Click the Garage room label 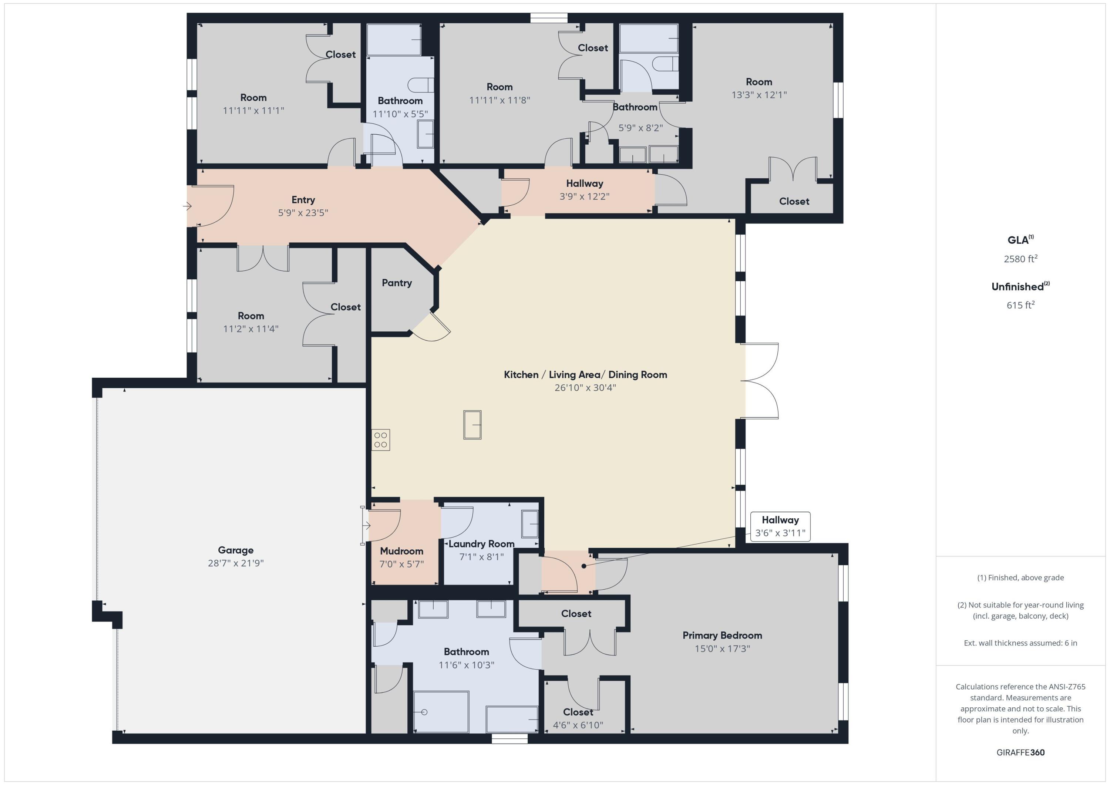click(x=235, y=550)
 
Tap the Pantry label click(x=396, y=283)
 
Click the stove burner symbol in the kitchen click(x=380, y=440)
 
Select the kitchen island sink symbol click(x=472, y=424)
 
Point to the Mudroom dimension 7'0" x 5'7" click(x=401, y=564)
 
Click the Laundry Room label click(x=481, y=544)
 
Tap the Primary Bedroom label click(x=722, y=635)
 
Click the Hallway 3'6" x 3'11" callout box click(x=780, y=526)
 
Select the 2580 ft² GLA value click(x=1020, y=259)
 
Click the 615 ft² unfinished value click(x=1020, y=305)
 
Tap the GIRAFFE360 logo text click(x=1020, y=752)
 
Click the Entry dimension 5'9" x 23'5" click(x=303, y=213)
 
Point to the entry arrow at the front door click(x=188, y=206)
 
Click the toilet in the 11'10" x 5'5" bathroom click(x=420, y=85)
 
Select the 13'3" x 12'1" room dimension click(x=758, y=95)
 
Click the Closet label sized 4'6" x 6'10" click(x=578, y=712)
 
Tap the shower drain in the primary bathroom click(x=424, y=712)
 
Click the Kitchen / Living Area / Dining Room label click(x=585, y=375)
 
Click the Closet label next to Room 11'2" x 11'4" click(x=345, y=307)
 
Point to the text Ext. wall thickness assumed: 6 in click(x=1020, y=643)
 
